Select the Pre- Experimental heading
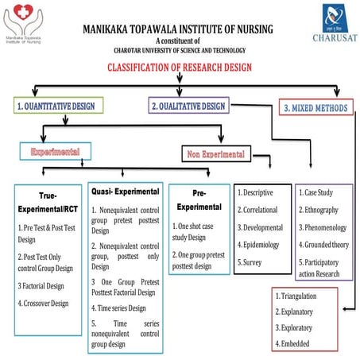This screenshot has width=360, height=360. pos(199,199)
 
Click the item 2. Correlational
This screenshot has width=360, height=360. pos(261,210)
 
